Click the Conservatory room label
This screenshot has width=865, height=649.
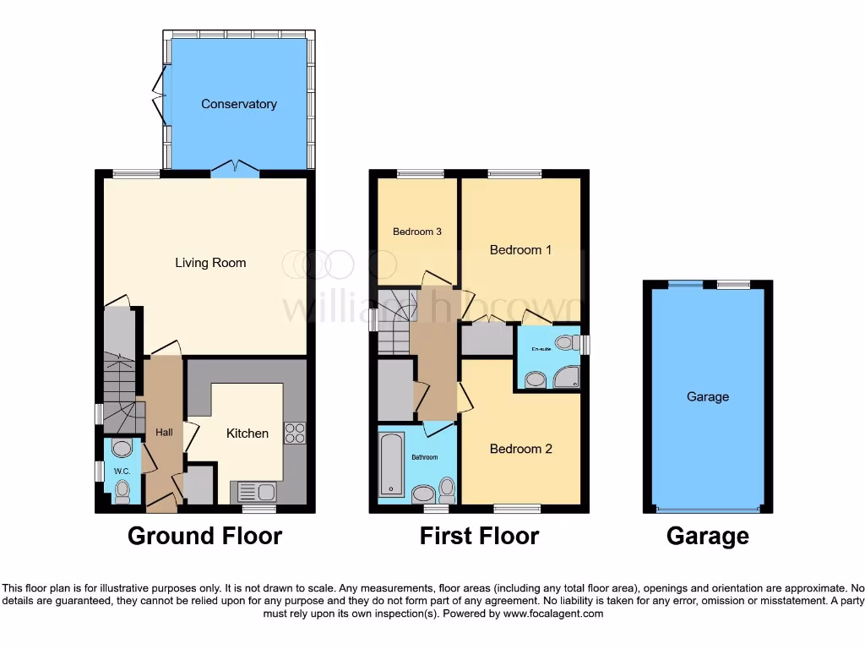point(239,104)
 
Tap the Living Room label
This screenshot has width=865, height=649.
point(210,263)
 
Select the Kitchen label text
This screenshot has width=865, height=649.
point(248,434)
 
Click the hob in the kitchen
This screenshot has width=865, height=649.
point(295,434)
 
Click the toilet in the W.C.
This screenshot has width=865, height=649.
point(122,489)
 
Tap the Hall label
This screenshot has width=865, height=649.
point(164,433)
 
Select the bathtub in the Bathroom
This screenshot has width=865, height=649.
point(389,465)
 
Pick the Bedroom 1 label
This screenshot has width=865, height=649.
point(521,250)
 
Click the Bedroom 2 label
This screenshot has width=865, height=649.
point(521,449)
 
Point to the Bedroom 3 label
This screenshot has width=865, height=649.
point(417,232)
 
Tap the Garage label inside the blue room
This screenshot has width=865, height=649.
point(708,396)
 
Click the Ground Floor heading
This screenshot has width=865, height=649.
point(204,536)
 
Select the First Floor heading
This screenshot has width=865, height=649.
point(479,536)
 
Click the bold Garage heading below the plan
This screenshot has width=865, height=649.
point(708,536)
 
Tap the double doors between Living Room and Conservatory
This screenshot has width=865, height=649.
point(234,168)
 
